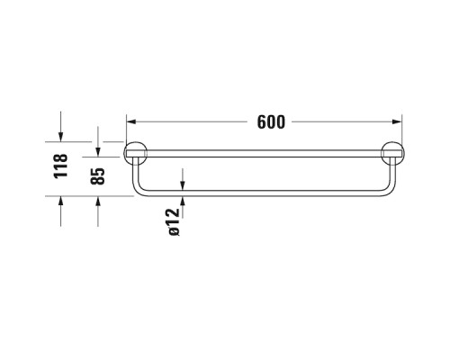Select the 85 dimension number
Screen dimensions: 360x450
point(99,173)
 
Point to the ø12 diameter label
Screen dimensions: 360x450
point(175,220)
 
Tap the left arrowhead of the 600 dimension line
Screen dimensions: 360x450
point(130,121)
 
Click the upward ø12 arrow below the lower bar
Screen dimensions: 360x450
point(183,203)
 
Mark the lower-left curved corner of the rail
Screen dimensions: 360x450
point(139,189)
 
